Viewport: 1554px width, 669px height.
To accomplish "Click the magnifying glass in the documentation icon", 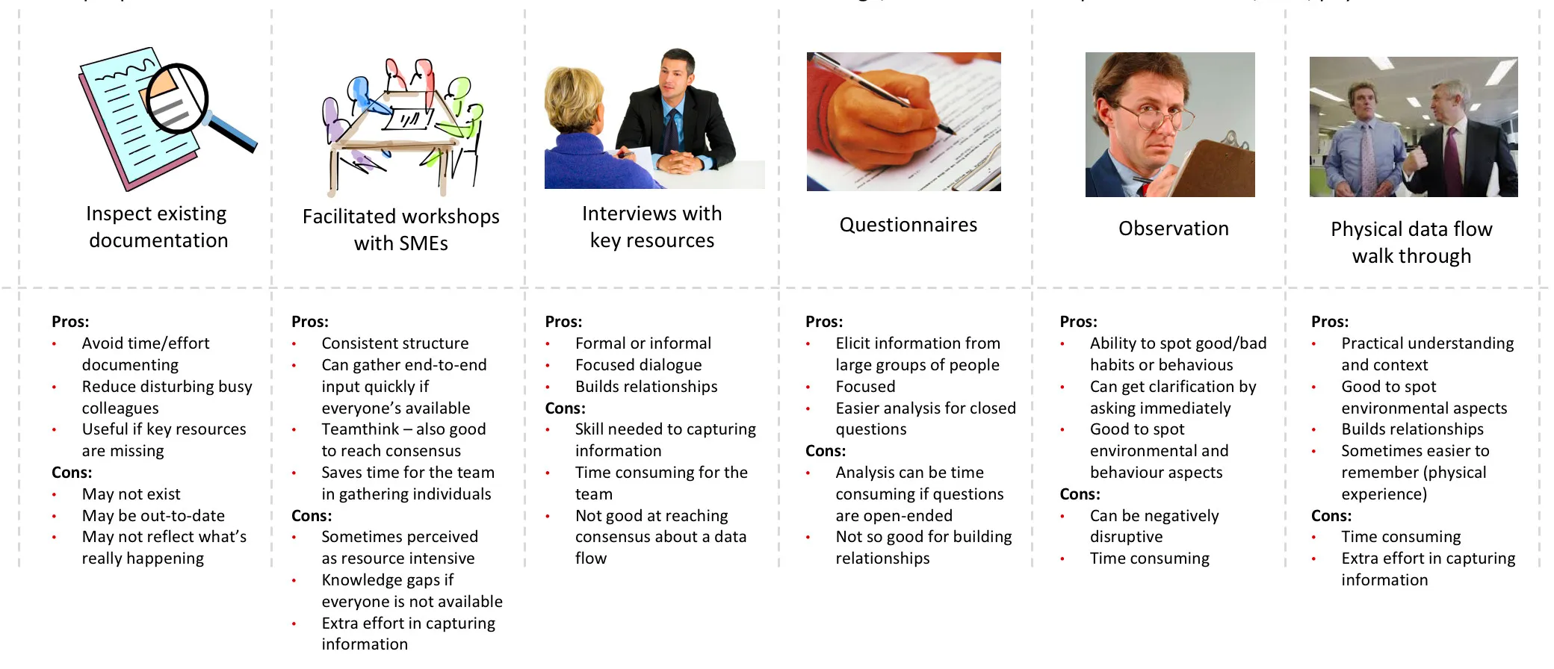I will tap(179, 99).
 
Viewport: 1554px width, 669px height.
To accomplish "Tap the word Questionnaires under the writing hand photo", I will tap(908, 225).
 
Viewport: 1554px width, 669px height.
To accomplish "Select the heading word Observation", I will tap(1173, 228).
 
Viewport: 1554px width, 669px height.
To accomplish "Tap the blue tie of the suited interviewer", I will tap(673, 128).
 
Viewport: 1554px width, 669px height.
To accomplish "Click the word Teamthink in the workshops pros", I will tap(360, 429).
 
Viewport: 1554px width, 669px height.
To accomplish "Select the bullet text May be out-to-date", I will tap(153, 516).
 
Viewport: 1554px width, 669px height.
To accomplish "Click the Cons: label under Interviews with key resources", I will tap(565, 408).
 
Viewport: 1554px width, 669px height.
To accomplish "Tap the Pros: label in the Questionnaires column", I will tap(823, 322).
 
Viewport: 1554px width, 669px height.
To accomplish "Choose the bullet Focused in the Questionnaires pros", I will tap(865, 387).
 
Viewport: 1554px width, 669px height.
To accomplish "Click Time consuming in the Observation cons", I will tap(1149, 558).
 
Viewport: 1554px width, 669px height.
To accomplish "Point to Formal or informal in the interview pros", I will tap(643, 343).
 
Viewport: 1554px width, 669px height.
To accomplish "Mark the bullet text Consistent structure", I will tap(394, 343).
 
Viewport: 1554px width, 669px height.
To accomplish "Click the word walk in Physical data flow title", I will tap(1372, 256).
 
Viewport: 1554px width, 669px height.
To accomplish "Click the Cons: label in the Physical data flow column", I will tap(1331, 516).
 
